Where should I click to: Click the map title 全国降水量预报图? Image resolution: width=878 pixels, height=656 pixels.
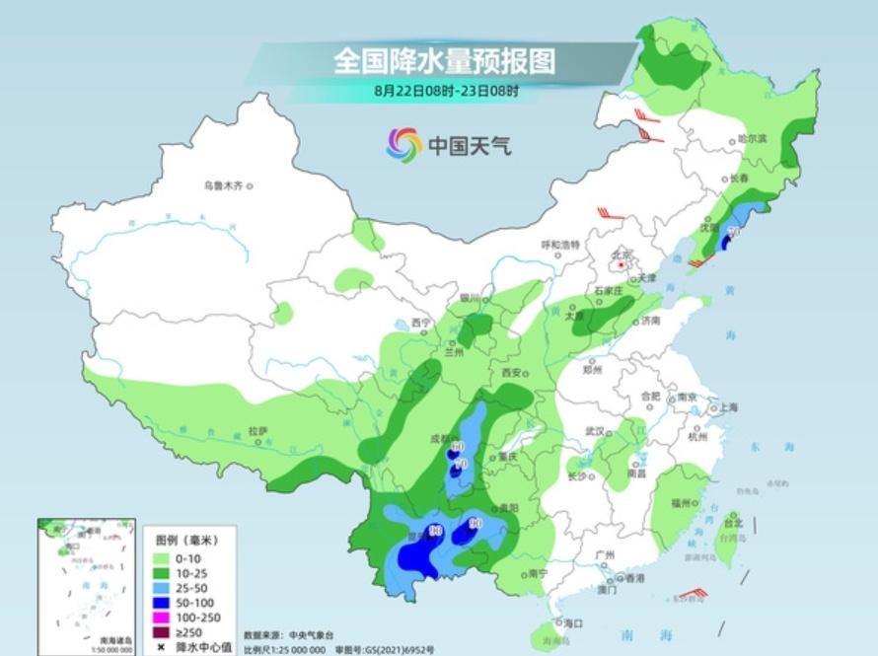(444, 61)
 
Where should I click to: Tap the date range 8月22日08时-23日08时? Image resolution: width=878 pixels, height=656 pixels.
(446, 91)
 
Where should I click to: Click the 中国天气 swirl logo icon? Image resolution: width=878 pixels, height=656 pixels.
(403, 146)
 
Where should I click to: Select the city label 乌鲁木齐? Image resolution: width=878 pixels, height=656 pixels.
(222, 184)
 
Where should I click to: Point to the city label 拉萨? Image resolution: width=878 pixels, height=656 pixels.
(257, 431)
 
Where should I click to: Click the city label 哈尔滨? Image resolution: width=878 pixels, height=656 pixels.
(752, 139)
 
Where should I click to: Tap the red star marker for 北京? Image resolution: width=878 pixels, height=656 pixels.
(620, 264)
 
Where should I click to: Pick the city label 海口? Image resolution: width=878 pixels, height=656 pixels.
(572, 622)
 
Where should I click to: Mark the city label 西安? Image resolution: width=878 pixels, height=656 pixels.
(510, 373)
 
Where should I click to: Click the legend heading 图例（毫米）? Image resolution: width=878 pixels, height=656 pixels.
(186, 542)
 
